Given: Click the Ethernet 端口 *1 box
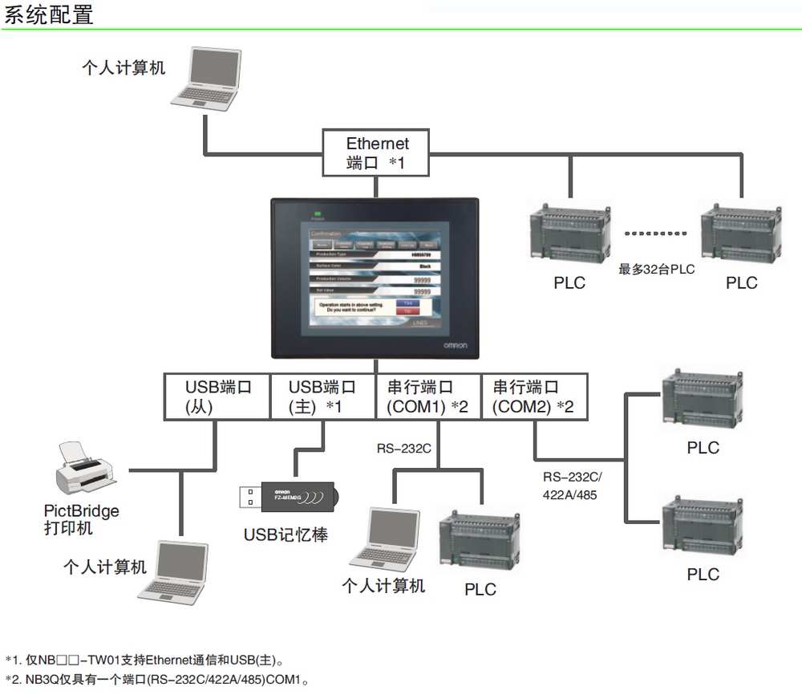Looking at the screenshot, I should (x=377, y=152).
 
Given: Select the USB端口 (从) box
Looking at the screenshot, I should (x=217, y=396).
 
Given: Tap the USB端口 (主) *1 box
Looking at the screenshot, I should (x=322, y=396).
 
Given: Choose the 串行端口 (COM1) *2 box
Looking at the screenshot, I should (x=427, y=396).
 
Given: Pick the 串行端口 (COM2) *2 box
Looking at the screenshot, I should (x=533, y=396).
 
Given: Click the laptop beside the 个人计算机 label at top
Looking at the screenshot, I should (x=207, y=78).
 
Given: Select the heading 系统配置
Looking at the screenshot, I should (x=49, y=14).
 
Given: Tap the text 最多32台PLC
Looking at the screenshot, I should (x=656, y=270).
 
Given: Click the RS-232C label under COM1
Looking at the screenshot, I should (x=404, y=448).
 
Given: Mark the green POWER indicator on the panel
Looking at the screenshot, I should (x=318, y=213).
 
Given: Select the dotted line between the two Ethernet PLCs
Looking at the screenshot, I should (x=656, y=234).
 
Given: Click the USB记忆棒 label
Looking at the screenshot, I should (x=286, y=534).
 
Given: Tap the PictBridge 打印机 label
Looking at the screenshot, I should (x=81, y=519).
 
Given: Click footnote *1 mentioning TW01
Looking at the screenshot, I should (x=144, y=660).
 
